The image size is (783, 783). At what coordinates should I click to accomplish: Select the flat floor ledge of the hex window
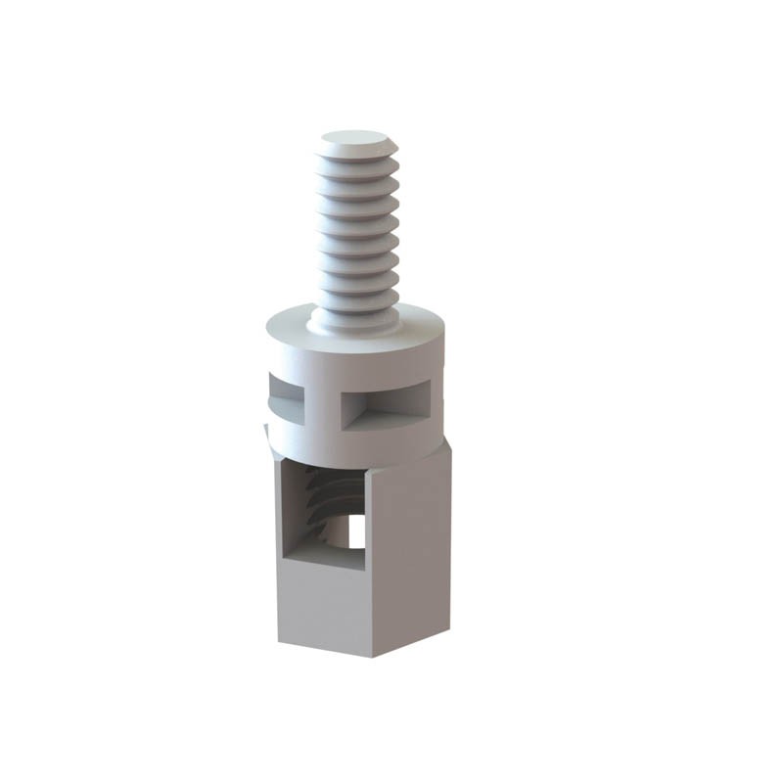tap(323, 556)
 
